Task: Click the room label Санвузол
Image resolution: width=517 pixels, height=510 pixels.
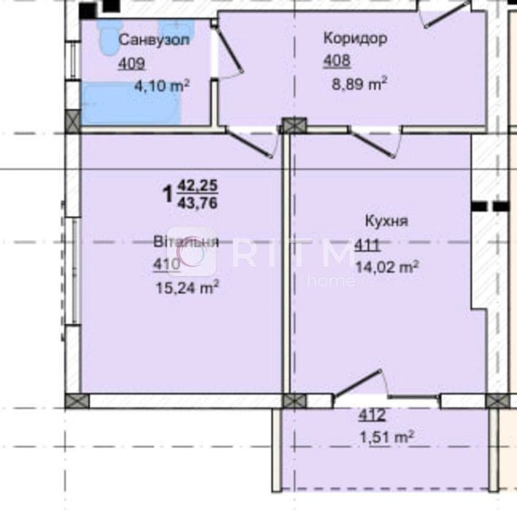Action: point(154,40)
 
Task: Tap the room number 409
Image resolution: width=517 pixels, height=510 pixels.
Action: point(131,63)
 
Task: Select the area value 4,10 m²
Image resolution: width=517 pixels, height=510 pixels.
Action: point(162,85)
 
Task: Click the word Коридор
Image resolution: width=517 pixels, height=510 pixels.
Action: point(356,39)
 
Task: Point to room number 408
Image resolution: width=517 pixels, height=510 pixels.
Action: point(337,61)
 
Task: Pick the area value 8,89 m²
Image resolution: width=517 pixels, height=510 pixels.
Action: point(359,84)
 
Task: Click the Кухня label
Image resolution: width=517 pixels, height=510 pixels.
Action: point(387,221)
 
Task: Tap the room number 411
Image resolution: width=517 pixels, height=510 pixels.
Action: point(367,245)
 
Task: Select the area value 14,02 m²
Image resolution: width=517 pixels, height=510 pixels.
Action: point(387,267)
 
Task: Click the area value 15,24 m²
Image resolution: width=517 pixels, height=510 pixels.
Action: point(187,287)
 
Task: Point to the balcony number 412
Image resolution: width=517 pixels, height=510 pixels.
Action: point(372,415)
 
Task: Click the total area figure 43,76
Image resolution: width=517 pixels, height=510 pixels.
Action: point(197,204)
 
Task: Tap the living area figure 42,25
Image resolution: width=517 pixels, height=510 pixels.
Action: point(197,186)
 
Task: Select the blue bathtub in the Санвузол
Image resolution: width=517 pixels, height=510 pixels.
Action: point(131,104)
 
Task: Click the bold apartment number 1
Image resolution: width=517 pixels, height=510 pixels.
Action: point(168,194)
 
